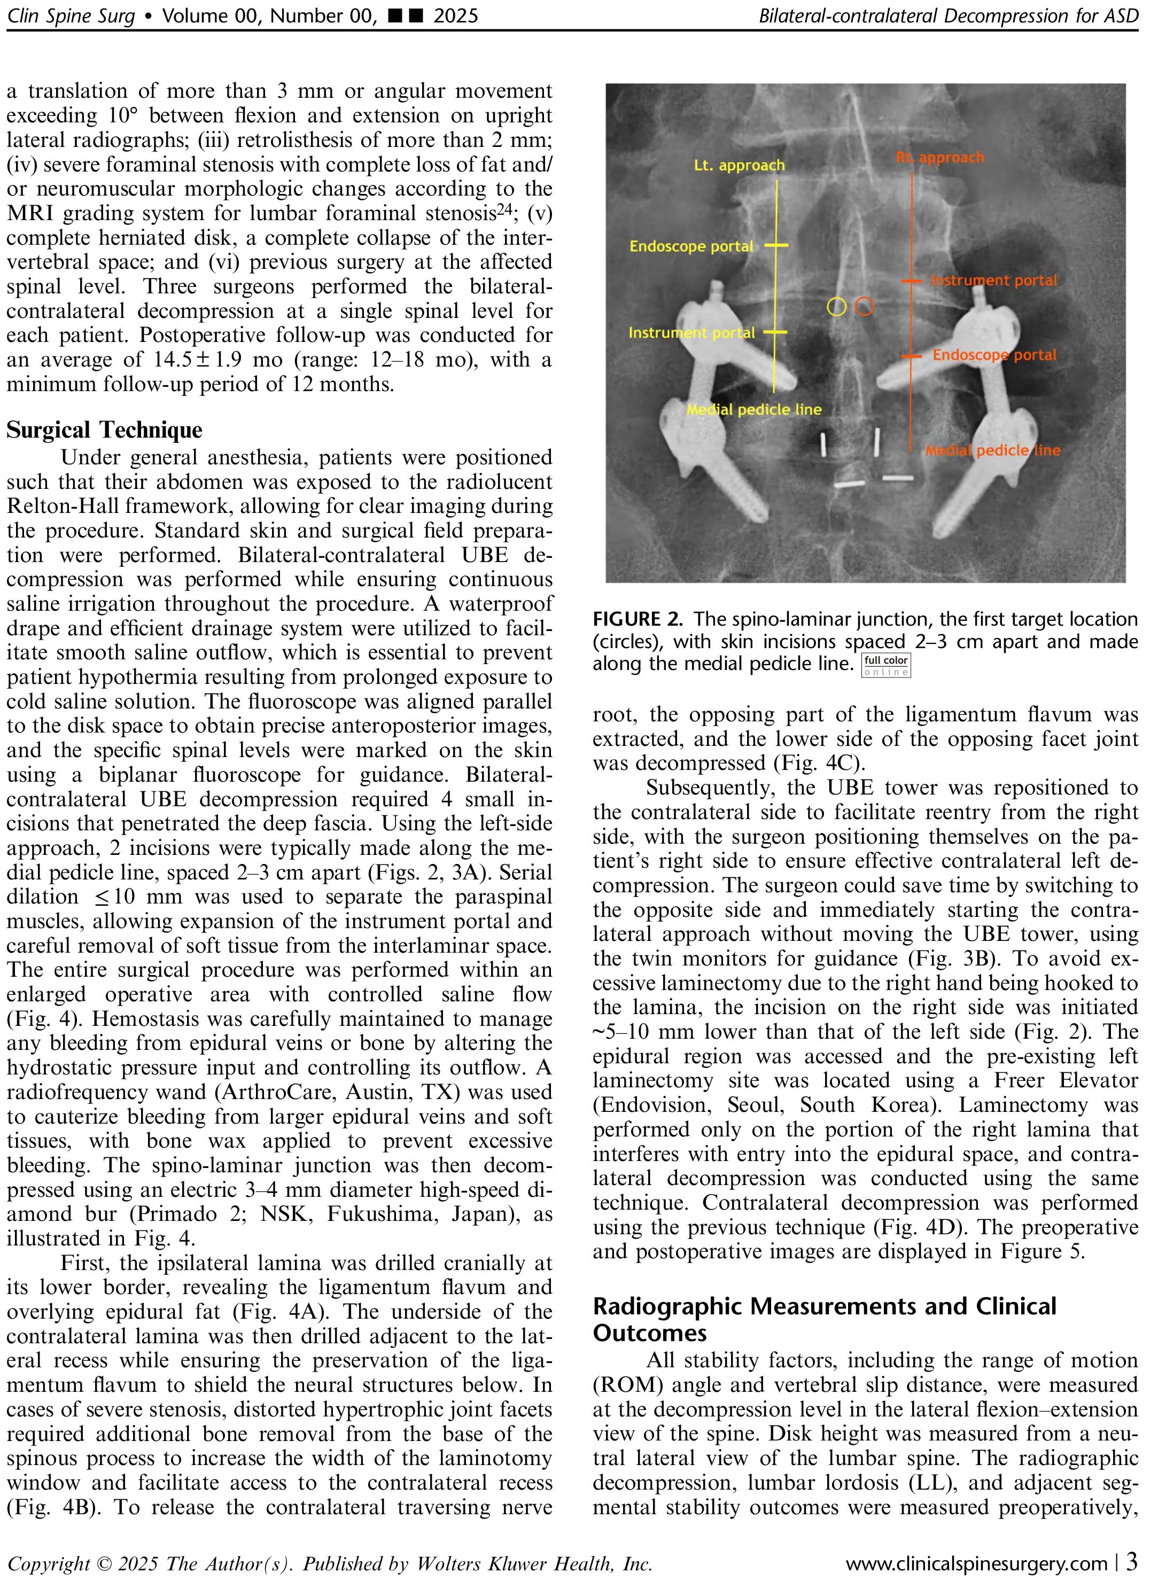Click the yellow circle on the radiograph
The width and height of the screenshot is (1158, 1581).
836,306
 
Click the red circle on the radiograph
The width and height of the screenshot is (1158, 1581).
865,306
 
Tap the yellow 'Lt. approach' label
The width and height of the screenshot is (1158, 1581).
739,166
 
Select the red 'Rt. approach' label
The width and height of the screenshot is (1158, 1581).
940,158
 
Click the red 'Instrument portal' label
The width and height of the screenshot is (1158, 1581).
993,281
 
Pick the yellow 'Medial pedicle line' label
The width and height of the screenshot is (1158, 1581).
754,409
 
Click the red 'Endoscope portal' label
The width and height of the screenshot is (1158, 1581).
994,355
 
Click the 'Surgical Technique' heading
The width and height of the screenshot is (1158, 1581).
104,430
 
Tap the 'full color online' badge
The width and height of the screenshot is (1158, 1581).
886,666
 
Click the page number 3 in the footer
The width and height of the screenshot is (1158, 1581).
1131,1562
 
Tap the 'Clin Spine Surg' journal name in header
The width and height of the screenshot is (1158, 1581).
71,15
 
